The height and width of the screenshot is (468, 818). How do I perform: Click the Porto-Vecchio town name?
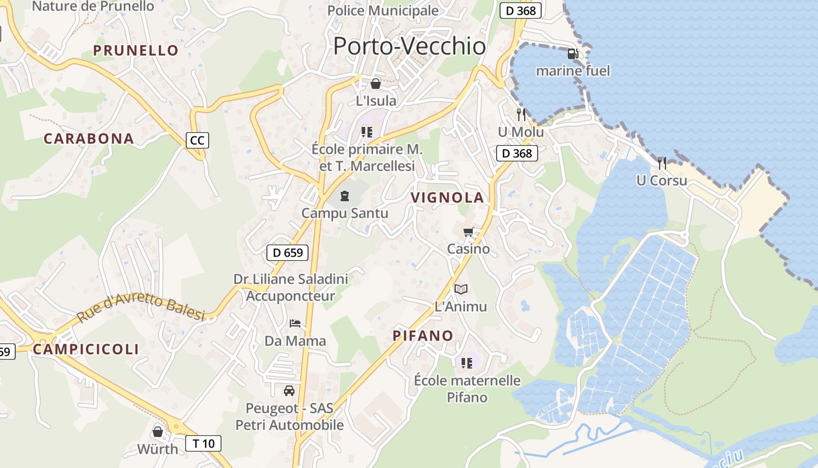409,46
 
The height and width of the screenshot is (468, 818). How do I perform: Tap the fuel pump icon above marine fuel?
573,54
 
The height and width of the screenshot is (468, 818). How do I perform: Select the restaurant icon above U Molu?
521,115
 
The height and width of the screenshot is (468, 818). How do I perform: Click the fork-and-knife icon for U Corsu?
662,163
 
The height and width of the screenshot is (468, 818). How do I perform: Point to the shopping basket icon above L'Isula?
376,84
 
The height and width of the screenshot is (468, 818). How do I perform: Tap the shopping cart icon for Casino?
468,232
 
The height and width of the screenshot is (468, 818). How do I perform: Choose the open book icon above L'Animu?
461,289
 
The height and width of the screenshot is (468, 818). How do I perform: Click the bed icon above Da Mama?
295,323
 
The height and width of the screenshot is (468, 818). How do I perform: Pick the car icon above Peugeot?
289,390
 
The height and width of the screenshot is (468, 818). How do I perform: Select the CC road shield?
198,140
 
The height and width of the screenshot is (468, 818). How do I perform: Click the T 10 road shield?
203,443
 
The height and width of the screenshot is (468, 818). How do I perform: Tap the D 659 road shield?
287,253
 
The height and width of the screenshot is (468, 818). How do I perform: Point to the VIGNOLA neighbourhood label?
448,198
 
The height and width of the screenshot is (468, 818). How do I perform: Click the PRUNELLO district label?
136,50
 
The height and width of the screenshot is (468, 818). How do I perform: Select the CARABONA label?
89,139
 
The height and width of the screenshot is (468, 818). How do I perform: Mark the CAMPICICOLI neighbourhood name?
86,349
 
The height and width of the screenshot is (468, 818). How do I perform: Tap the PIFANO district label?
423,335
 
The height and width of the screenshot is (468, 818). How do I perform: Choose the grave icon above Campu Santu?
344,195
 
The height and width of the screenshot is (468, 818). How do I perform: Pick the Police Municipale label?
383,10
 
